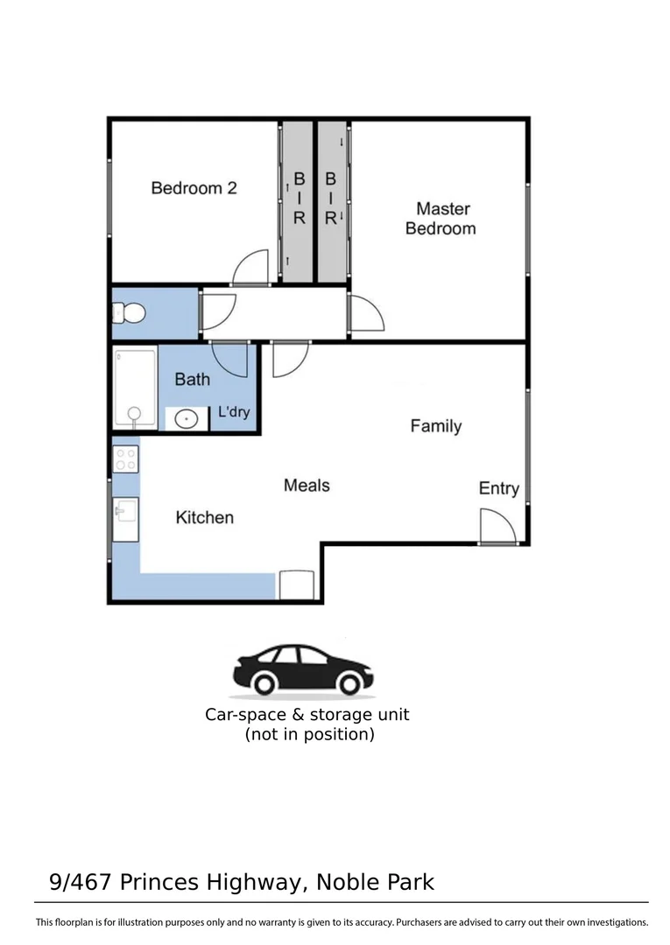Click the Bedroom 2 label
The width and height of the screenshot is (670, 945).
coord(194,187)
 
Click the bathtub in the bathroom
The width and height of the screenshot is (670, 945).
coord(135,388)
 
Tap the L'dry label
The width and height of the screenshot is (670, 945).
coord(234,411)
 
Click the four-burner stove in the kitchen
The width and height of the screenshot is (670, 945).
coord(125,458)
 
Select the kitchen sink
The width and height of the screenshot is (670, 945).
coord(125,517)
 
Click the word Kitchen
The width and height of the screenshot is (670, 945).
coord(205,517)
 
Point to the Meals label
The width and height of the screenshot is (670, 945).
coord(307,485)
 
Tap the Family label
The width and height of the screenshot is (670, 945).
coord(435,426)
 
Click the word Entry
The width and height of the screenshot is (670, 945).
coord(498,488)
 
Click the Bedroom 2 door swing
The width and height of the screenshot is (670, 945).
coord(251,268)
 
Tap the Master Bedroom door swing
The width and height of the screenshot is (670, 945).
coord(364,313)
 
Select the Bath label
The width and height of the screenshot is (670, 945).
coord(192,379)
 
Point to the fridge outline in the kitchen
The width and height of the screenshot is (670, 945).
coord(296,585)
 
